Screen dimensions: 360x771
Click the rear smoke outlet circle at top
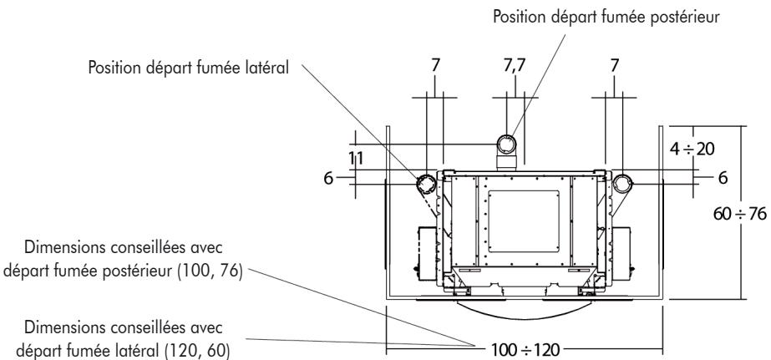(x=509, y=143)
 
